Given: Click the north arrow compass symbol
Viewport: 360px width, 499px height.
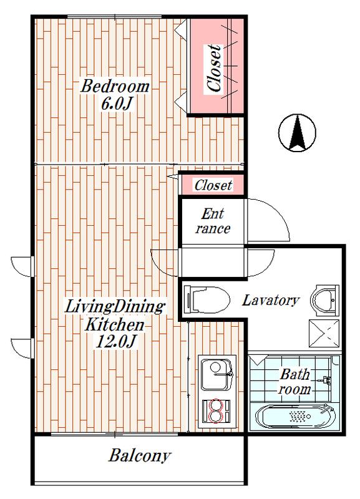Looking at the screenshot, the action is pos(297,132).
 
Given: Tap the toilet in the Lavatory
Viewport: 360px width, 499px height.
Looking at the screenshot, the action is pos(207,299).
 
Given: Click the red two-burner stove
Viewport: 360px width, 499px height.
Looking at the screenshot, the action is pos(216,411).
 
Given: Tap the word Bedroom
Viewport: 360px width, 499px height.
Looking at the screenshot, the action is pos(115,87).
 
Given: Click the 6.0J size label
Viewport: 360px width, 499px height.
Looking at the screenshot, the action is pos(117,104).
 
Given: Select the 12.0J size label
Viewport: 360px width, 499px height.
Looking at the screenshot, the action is pos(116,342).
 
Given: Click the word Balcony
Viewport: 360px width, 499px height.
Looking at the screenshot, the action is pos(140,456).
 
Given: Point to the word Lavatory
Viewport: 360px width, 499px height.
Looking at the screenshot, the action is pos(271,301).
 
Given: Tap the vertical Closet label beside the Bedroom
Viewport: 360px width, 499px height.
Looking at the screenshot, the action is pos(213,69).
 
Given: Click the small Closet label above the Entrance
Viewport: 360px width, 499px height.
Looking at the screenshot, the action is pos(213,185).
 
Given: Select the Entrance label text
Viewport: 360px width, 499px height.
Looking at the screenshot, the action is pos(213,221).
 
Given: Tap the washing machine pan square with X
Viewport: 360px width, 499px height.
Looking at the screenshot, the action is pos(324,334).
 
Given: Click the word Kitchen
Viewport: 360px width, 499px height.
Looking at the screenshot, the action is pos(114,325).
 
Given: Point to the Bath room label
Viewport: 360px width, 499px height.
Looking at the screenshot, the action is pos(294,382).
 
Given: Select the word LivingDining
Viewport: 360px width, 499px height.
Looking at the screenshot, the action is pos(115,308).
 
